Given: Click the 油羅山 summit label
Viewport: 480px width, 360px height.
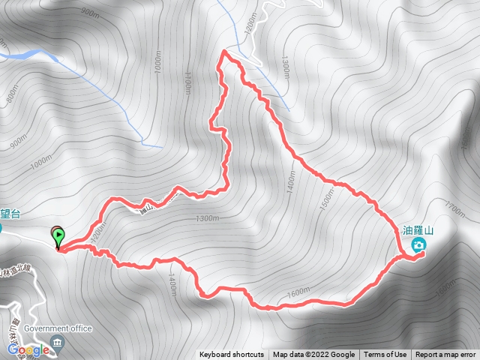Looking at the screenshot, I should [x=419, y=230].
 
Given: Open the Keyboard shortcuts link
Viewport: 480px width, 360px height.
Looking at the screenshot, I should [x=232, y=355].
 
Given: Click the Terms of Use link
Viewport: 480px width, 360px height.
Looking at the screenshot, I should [x=385, y=355].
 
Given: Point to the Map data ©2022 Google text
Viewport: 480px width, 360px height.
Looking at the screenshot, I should [x=313, y=355].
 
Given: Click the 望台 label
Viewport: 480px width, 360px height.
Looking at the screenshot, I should [x=9, y=214].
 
